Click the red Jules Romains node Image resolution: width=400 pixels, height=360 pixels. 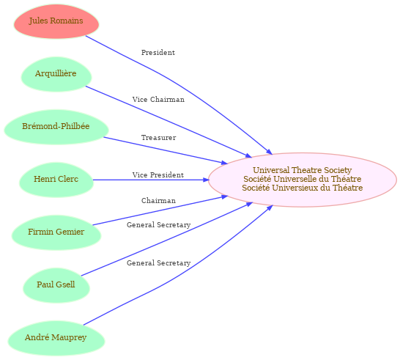click(56, 21)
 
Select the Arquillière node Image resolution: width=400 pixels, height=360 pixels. click(56, 74)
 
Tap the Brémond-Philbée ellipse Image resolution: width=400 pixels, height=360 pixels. click(56, 127)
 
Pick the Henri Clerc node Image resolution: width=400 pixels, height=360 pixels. click(56, 180)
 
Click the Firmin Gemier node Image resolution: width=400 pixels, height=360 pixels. click(56, 233)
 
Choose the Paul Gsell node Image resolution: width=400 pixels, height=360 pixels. click(56, 286)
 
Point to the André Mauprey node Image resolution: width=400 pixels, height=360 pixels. click(56, 339)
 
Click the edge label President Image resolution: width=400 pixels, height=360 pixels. click(158, 53)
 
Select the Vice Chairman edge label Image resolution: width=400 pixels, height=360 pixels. click(158, 99)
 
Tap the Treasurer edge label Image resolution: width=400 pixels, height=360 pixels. click(159, 138)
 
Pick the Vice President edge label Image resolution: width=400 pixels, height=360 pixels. click(158, 175)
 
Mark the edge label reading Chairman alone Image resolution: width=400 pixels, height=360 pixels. click(158, 201)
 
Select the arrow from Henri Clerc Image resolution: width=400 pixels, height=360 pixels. click(151, 180)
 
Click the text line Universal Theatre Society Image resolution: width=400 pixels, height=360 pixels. click(303, 170)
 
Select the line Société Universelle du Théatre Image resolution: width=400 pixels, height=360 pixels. click(303, 179)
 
